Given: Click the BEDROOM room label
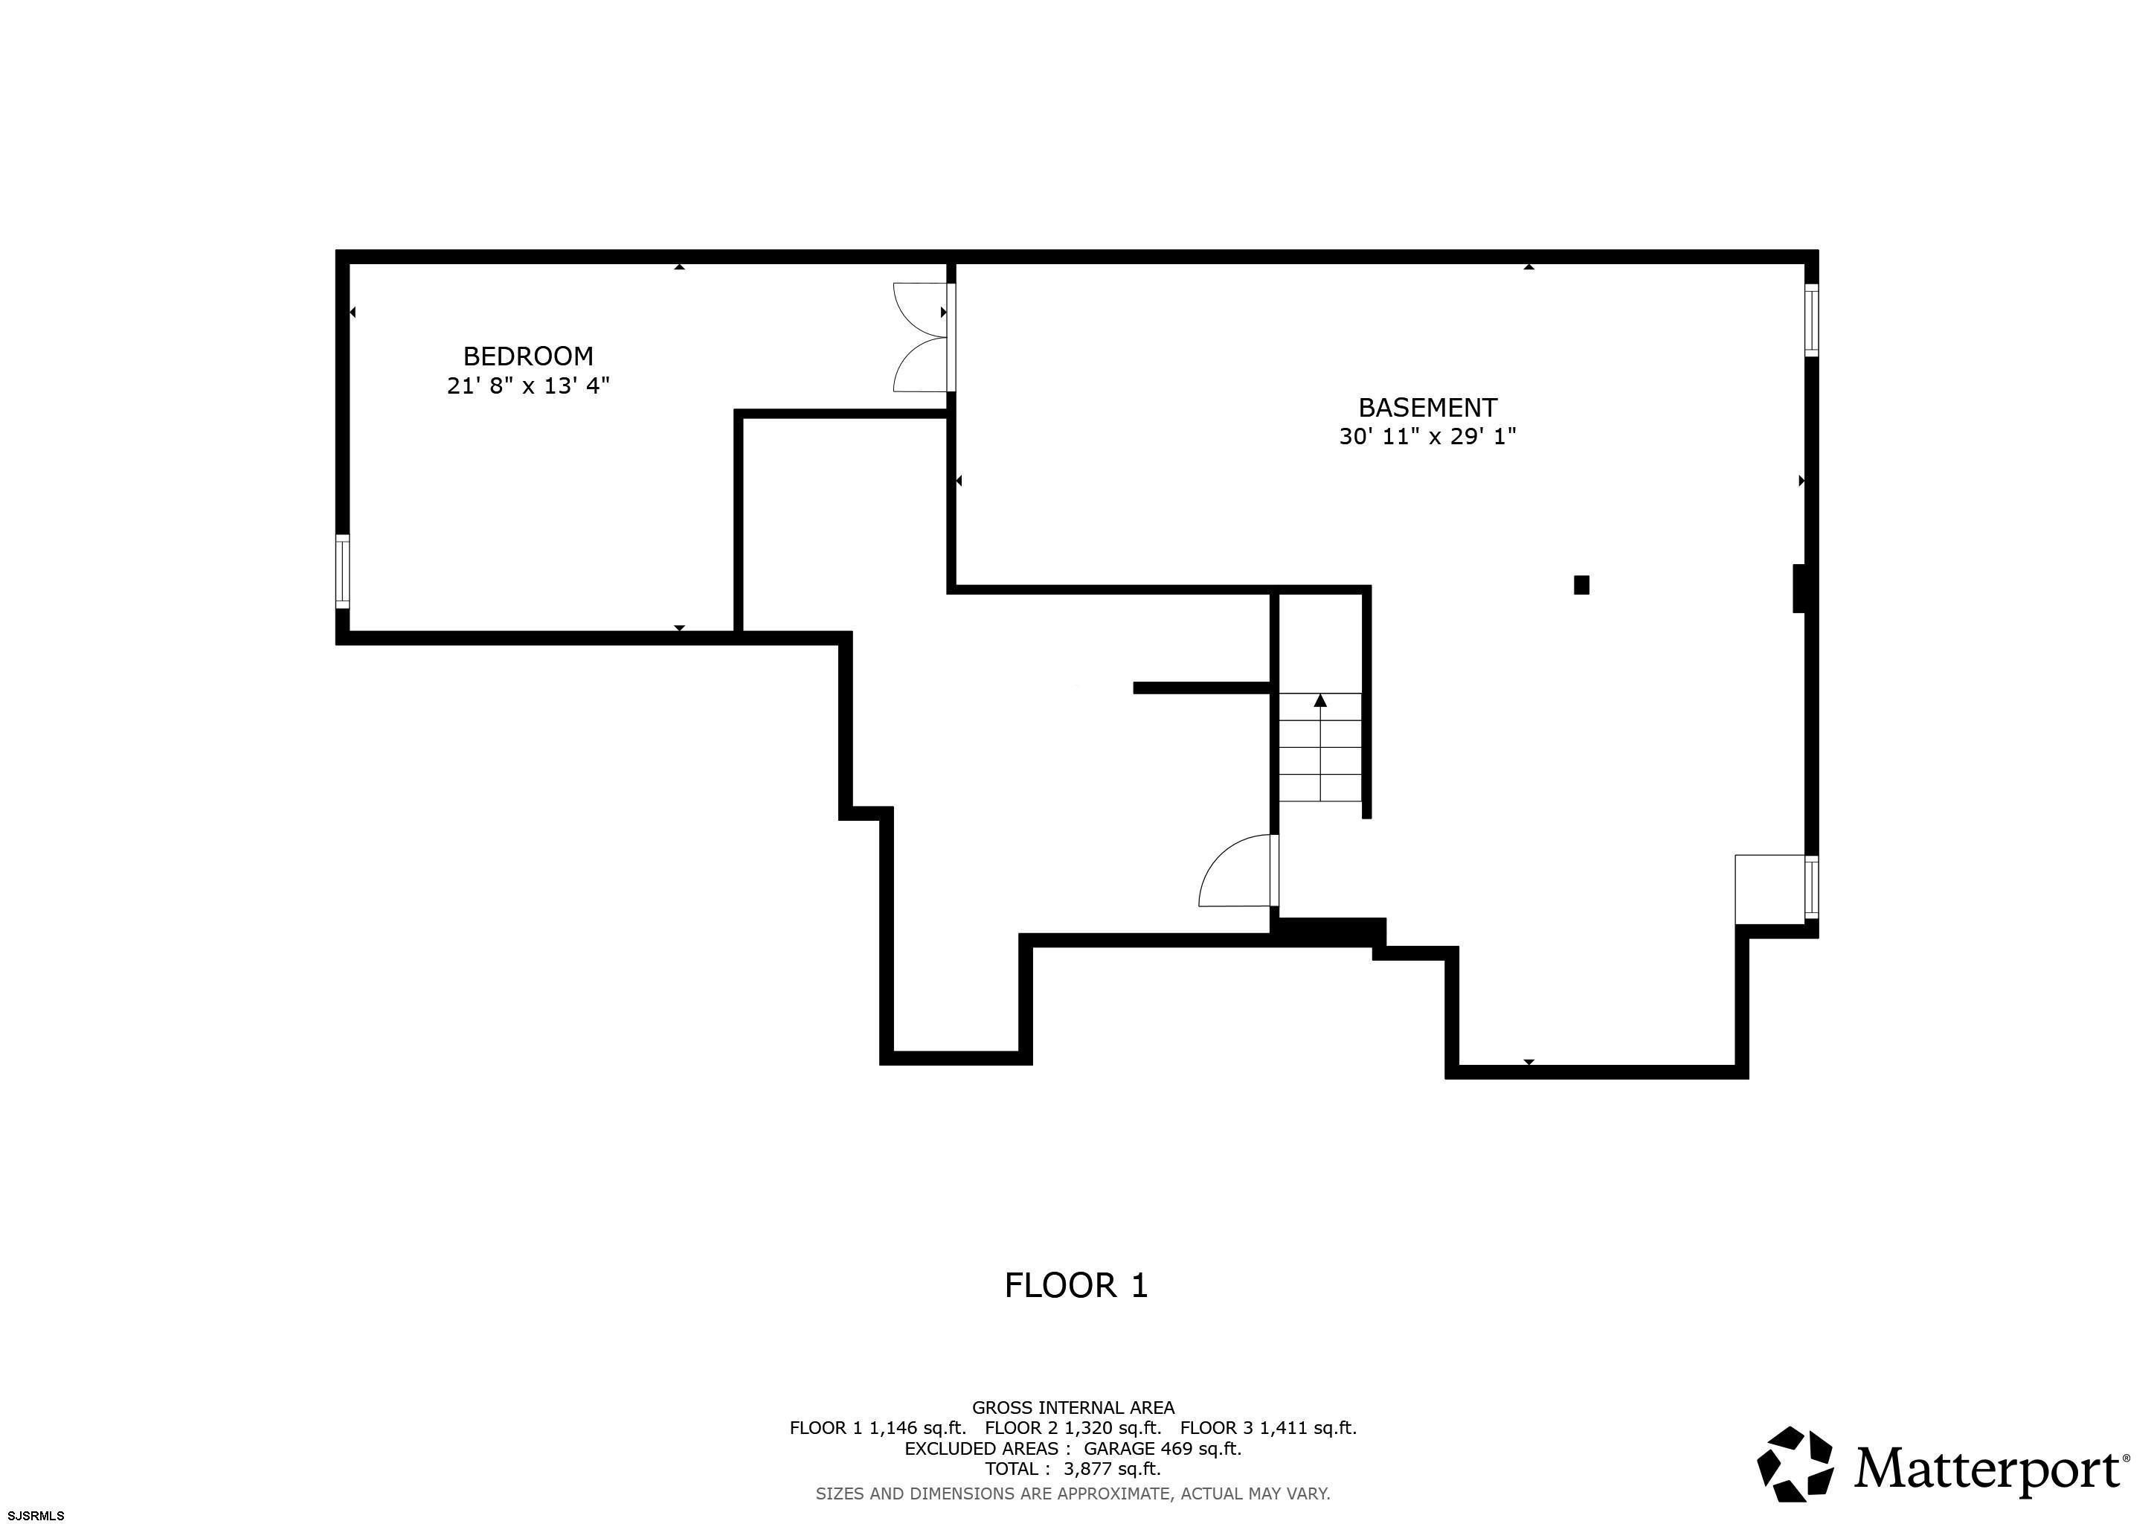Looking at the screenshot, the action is click(x=528, y=356).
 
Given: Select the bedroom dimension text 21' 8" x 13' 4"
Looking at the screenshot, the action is click(x=528, y=385).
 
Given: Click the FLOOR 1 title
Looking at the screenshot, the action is click(x=1076, y=1286).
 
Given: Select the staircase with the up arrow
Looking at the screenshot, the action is click(x=1321, y=747).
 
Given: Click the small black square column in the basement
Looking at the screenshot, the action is click(x=1582, y=585).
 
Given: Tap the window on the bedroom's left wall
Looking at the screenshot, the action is click(x=342, y=571).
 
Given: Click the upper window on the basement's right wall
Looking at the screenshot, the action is click(x=1812, y=320).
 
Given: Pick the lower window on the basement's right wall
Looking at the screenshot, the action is click(x=1812, y=887).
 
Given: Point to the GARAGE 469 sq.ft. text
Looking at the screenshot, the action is click(x=1163, y=1448).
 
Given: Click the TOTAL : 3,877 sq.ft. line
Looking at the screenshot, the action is click(x=1073, y=1469).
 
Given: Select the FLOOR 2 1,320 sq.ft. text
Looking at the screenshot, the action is click(x=1073, y=1427).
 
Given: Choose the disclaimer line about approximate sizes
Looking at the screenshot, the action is click(x=1073, y=1493).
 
